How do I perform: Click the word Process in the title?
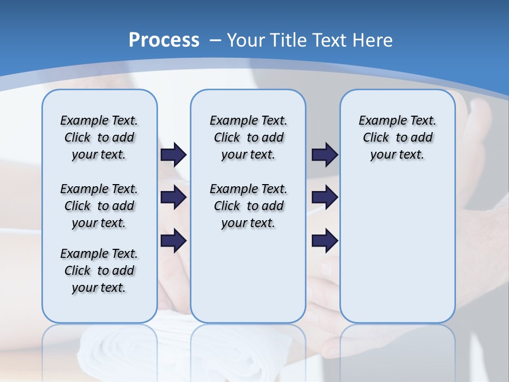[164, 40]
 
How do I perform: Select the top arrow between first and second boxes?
[173, 154]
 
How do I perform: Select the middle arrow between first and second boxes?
[173, 197]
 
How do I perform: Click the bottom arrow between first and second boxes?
[173, 241]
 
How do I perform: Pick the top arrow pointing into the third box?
[324, 154]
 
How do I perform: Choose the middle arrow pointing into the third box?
[324, 197]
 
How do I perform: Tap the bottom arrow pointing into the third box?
[324, 241]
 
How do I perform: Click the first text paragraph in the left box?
[99, 137]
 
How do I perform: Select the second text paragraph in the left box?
[99, 206]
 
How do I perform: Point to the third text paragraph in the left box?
[99, 271]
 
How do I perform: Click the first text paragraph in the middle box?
[248, 137]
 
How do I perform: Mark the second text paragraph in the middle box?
[248, 206]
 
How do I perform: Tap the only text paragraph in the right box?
[397, 137]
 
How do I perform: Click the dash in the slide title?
[215, 40]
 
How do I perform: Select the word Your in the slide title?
[247, 40]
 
